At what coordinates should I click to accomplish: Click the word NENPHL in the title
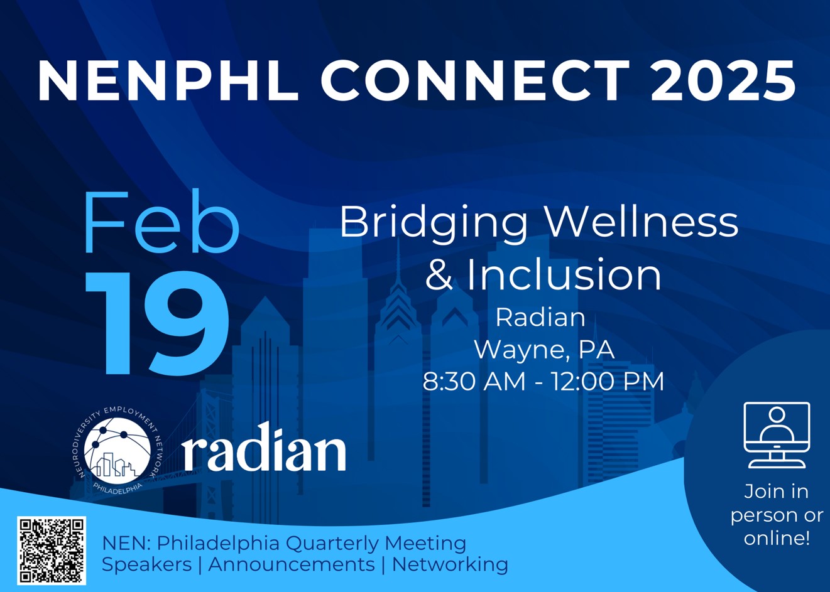coord(168,80)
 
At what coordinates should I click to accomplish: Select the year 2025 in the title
coord(723,80)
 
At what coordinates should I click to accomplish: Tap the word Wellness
coord(643,222)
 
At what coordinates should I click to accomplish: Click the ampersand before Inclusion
coord(440,274)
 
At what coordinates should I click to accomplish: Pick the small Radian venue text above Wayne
coord(540,318)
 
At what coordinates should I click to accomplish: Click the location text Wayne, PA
coord(544,350)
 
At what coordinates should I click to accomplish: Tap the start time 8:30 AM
coord(474,381)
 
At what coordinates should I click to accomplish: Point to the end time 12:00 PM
coord(608,381)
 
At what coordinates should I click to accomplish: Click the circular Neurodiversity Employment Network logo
coord(117,450)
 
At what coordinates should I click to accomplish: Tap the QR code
coord(52,551)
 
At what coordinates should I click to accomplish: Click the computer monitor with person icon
coord(777,435)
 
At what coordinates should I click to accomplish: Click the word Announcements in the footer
coord(292,564)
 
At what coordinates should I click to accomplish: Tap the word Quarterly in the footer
coord(332,544)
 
